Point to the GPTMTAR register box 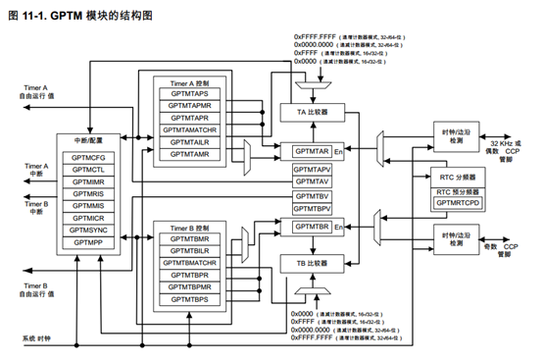[312, 152]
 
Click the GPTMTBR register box [312, 227]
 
